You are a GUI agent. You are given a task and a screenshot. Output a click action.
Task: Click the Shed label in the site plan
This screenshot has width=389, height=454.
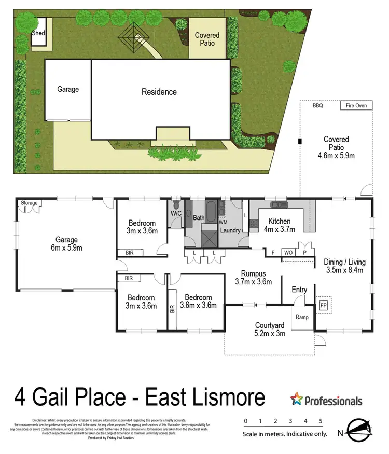38,33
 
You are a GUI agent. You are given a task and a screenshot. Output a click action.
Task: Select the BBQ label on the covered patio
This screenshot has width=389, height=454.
317,106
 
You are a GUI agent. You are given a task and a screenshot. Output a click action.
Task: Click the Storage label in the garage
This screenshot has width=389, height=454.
29,203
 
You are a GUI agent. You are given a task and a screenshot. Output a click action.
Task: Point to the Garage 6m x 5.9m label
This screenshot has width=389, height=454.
67,244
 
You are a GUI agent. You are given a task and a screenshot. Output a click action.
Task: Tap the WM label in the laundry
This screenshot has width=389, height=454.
223,222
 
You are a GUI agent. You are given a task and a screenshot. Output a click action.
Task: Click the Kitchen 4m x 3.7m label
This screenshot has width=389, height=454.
279,225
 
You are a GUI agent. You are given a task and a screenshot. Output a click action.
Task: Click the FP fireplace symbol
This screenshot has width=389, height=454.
324,305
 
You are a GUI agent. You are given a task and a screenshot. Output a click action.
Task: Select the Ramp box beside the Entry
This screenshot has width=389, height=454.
302,317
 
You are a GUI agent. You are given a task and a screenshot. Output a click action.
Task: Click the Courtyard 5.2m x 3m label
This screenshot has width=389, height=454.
270,329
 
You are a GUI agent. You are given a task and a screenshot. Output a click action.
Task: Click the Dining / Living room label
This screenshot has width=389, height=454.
343,266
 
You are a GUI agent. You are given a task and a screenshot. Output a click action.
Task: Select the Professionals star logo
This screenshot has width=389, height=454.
297,400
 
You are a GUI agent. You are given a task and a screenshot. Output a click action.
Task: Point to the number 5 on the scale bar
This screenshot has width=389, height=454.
321,421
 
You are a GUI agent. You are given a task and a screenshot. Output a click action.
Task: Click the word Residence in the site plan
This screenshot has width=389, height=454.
159,92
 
